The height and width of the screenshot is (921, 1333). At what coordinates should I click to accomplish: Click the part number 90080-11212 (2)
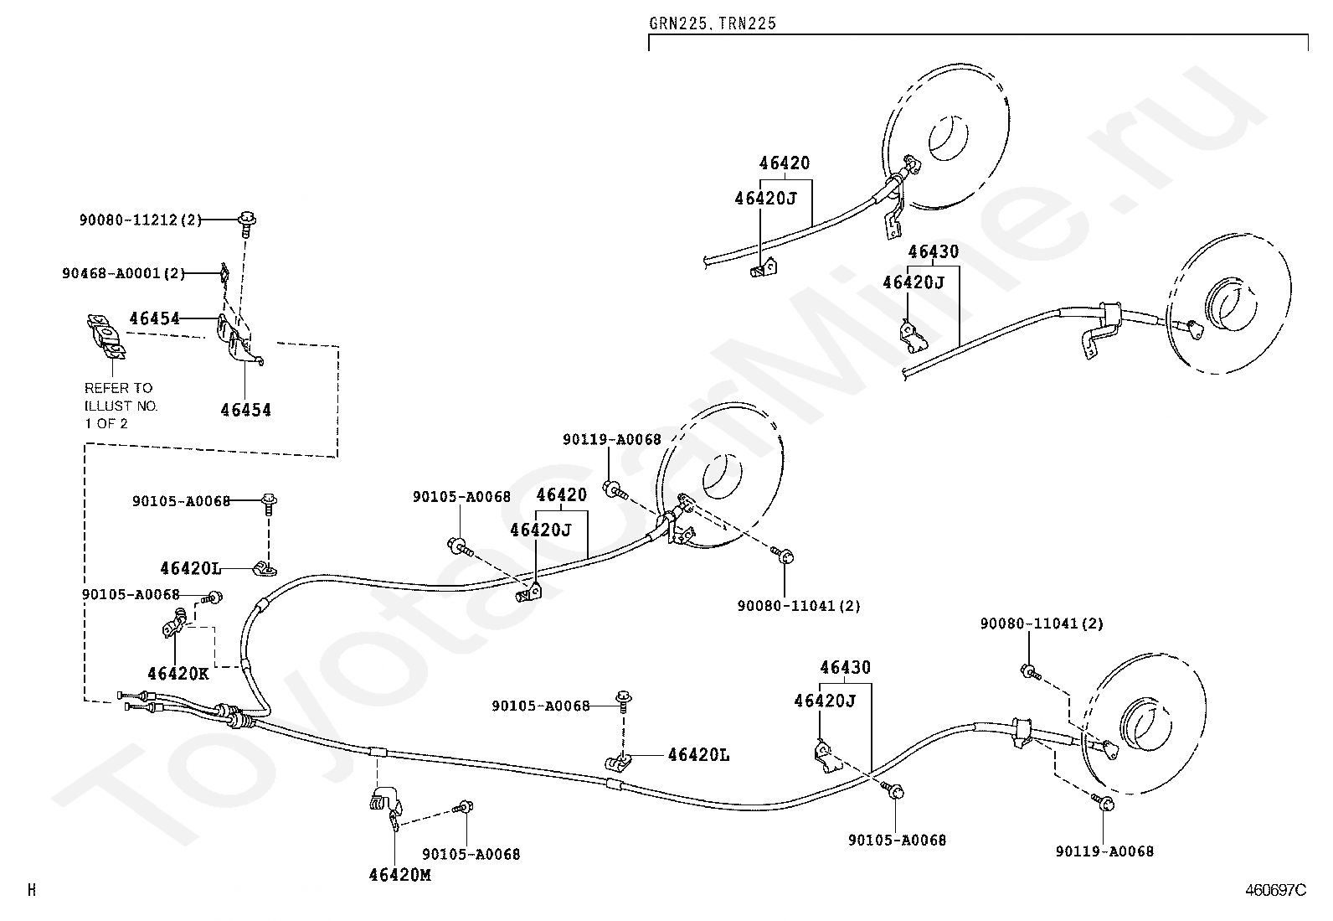[x=141, y=220]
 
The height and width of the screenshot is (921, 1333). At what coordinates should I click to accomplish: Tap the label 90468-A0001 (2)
[x=124, y=273]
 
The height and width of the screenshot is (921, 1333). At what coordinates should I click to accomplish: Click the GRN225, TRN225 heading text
[x=713, y=23]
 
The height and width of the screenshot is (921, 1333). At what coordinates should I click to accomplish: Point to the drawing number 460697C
[x=1276, y=890]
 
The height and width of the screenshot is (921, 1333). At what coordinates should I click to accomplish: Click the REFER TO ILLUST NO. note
[x=121, y=406]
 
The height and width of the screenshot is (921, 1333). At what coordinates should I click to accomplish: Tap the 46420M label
[x=400, y=875]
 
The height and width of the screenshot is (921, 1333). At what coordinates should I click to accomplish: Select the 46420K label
[x=178, y=674]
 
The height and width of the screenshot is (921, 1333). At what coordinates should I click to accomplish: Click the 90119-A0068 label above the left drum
[x=612, y=440]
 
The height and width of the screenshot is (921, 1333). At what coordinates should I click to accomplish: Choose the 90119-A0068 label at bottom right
[x=1104, y=851]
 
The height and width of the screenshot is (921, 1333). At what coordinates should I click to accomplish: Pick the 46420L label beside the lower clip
[x=698, y=755]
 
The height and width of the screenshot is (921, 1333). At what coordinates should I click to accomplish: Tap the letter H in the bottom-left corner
[x=32, y=890]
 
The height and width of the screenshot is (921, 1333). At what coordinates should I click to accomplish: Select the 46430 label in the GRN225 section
[x=933, y=252]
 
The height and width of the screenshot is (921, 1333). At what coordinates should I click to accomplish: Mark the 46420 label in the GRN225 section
[x=785, y=163]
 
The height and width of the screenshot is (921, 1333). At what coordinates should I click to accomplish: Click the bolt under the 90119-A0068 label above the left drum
[x=615, y=490]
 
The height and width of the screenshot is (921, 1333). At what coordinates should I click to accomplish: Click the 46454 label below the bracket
[x=246, y=410]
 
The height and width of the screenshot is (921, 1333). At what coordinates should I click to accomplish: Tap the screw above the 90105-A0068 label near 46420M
[x=463, y=807]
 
